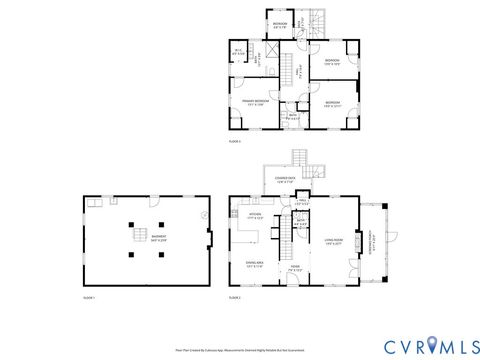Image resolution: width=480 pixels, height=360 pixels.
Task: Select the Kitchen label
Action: pyautogui.click(x=255, y=217)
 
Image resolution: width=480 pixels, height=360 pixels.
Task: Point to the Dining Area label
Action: pyautogui.click(x=254, y=264)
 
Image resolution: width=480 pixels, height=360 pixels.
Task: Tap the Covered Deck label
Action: pyautogui.click(x=284, y=181)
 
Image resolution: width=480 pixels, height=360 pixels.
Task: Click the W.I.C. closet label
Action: pyautogui.click(x=239, y=52)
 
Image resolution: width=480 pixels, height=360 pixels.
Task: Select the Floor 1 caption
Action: pyautogui.click(x=88, y=297)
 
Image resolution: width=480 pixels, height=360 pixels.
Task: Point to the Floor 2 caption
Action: pyautogui.click(x=235, y=297)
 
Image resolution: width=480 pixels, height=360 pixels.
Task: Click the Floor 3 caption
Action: pyautogui.click(x=235, y=143)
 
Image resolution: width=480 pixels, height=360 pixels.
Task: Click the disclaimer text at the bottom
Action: pyautogui.click(x=240, y=349)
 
